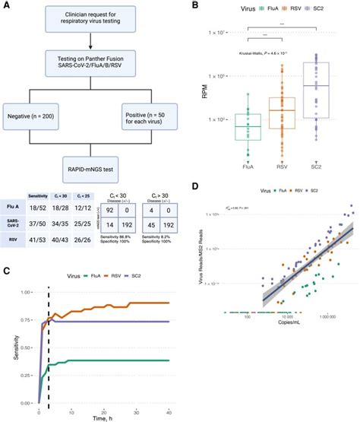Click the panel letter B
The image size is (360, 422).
click(x=196, y=7)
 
